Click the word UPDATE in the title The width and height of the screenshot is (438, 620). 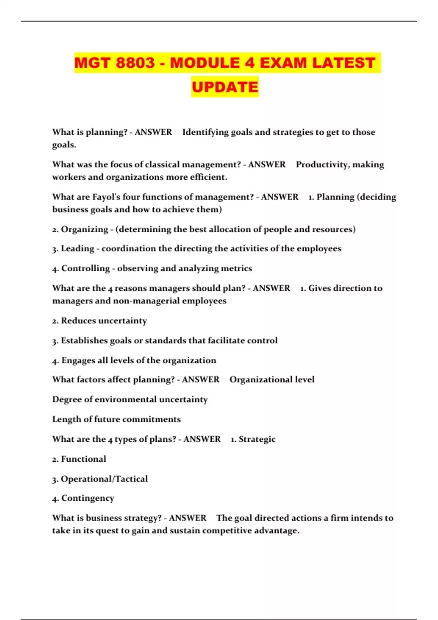coord(225,87)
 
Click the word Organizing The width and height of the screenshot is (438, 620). coord(84,229)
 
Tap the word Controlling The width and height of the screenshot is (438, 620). coord(85,268)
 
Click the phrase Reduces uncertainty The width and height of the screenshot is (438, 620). coord(104,321)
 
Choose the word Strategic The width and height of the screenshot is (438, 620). coord(257,439)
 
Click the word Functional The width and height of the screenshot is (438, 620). coord(83,459)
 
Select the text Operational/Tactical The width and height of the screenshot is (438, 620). coord(104,479)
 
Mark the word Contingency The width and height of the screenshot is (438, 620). coord(88,498)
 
